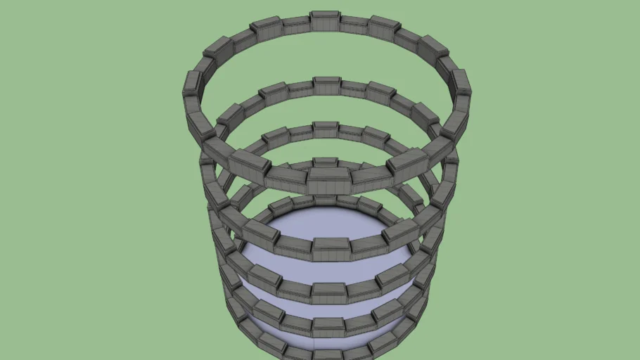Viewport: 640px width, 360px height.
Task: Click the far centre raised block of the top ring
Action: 326,20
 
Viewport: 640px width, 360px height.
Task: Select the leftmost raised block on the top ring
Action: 192,84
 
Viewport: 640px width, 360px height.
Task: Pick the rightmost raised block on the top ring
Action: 461,83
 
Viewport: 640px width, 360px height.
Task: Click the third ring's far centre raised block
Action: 325,129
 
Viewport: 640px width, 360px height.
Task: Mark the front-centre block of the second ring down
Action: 331,247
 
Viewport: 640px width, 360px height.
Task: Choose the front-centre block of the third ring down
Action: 329,291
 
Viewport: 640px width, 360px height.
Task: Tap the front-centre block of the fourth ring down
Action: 328,326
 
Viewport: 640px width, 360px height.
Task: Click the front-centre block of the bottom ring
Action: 328,351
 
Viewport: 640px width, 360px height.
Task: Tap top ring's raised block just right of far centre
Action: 384,27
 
